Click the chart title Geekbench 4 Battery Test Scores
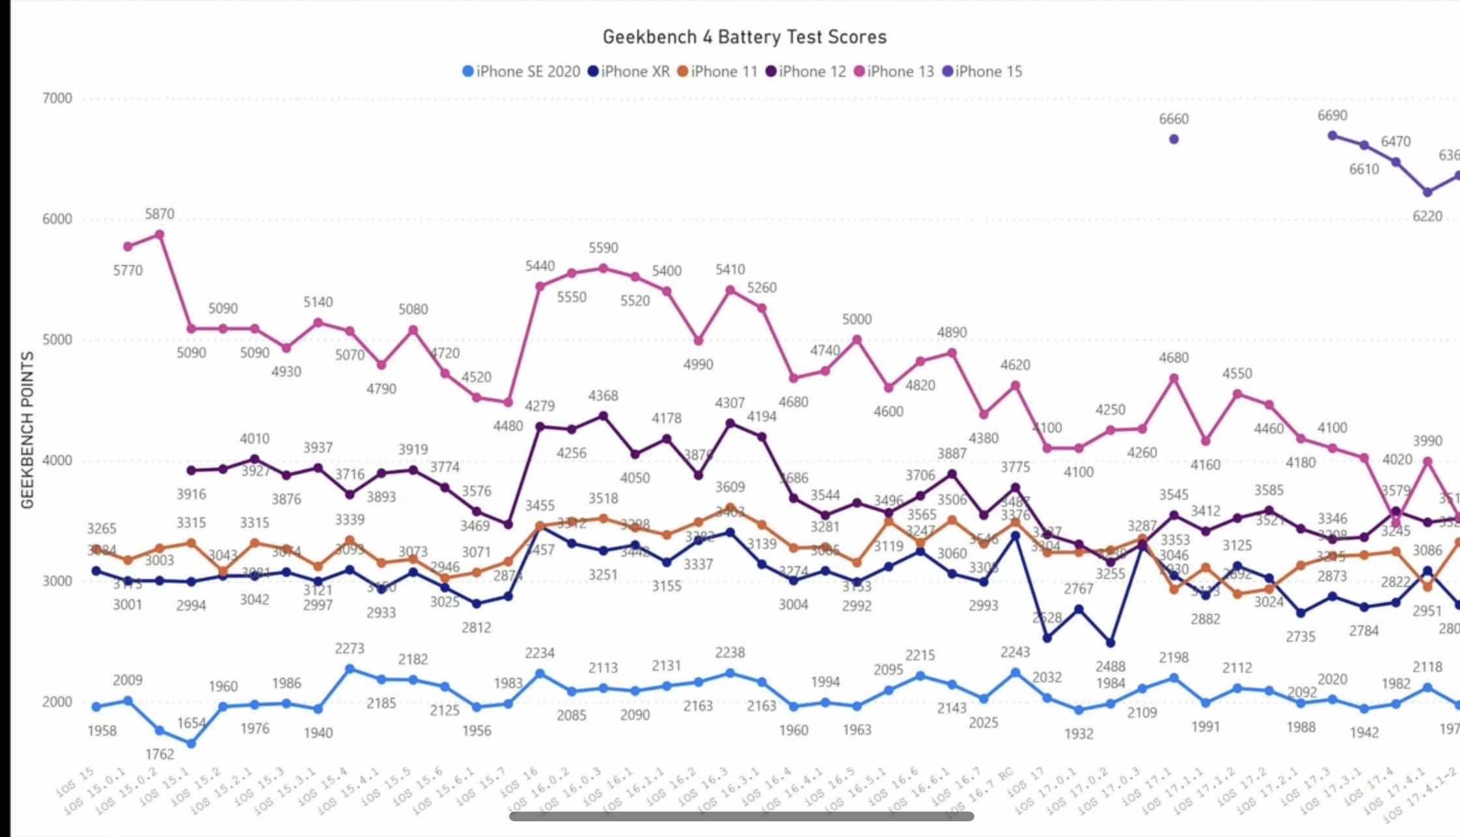[x=744, y=37]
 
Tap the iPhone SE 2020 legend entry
[x=521, y=72]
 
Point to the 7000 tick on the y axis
[x=57, y=98]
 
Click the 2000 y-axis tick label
[x=57, y=702]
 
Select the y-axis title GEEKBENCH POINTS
[x=27, y=430]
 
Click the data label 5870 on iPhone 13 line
[x=160, y=214]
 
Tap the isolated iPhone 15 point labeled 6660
[x=1174, y=139]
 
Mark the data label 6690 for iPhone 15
[x=1332, y=115]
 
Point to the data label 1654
[x=192, y=723]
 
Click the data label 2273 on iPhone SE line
[x=350, y=649]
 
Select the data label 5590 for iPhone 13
[x=604, y=248]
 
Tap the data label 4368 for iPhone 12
[x=604, y=396]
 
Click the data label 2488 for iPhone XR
[x=1111, y=666]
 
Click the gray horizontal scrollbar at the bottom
[x=741, y=816]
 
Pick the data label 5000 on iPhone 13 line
[x=857, y=319]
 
